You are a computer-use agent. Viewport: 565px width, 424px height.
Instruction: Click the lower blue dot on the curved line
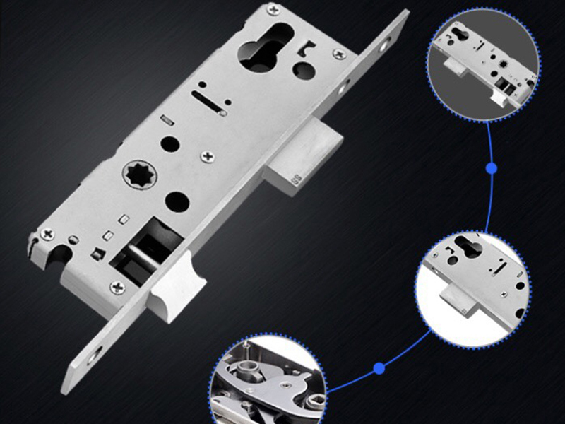[x=379, y=367]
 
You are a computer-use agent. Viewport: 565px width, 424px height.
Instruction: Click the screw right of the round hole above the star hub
[x=207, y=155]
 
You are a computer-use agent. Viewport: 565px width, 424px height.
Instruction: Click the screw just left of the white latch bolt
[x=114, y=285]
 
